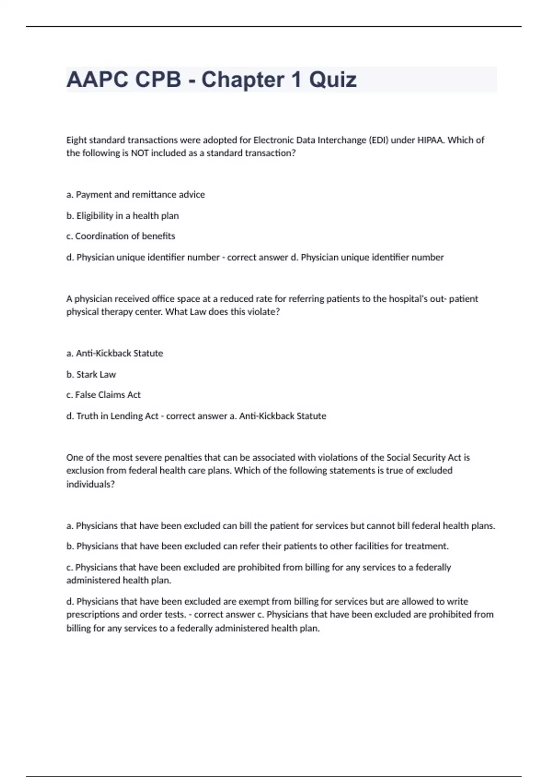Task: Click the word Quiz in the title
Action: click(x=332, y=80)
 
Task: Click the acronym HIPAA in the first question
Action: click(x=431, y=140)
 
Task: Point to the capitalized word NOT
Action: click(x=140, y=153)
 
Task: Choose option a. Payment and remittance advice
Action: click(x=136, y=195)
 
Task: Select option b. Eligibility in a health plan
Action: click(x=122, y=216)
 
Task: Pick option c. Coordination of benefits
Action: click(x=121, y=236)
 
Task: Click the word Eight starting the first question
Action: click(x=76, y=140)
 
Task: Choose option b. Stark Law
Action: click(x=91, y=374)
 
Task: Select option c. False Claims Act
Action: click(x=103, y=395)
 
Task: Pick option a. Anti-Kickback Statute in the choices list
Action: click(x=115, y=353)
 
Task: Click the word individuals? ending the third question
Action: click(x=90, y=484)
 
